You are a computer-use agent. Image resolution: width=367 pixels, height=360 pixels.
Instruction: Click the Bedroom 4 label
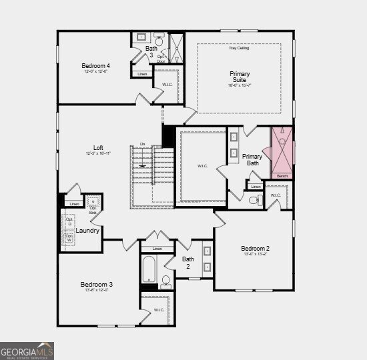click(95, 65)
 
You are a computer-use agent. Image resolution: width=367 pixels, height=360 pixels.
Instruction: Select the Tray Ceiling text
click(238, 48)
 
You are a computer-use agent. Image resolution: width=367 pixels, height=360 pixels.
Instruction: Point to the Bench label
click(282, 176)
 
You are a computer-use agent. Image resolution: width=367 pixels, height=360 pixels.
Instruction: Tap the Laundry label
click(88, 231)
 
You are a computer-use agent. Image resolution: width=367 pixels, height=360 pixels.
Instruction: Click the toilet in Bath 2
click(165, 283)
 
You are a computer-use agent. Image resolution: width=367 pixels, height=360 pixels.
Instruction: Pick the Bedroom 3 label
click(97, 285)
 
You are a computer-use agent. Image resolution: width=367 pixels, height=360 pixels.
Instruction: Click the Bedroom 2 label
click(256, 249)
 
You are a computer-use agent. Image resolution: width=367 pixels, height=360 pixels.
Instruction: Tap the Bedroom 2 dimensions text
click(256, 255)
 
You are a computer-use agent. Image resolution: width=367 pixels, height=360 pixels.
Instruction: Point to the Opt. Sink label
click(93, 209)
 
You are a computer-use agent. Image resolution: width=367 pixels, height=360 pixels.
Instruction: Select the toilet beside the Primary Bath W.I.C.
click(253, 200)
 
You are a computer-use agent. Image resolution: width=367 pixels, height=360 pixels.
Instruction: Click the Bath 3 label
click(151, 51)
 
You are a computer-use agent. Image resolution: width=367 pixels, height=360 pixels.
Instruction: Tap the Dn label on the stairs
click(142, 143)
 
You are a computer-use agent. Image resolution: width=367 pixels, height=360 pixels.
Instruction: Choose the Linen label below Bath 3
click(141, 74)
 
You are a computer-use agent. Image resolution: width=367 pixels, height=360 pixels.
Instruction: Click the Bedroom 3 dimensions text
click(97, 291)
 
